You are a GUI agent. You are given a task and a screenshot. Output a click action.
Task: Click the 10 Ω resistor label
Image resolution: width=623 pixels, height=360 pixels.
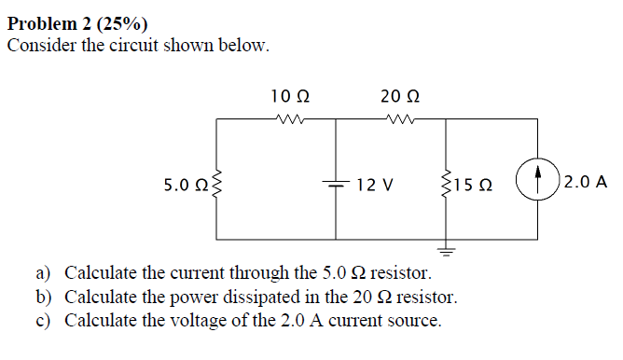[x=290, y=95]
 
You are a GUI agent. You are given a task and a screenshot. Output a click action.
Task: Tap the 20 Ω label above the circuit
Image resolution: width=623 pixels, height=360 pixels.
[x=400, y=95]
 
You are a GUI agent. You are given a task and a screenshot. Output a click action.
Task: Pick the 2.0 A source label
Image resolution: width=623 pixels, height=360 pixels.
[x=586, y=181]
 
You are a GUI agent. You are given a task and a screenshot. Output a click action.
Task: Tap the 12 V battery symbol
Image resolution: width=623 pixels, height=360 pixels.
[x=337, y=184]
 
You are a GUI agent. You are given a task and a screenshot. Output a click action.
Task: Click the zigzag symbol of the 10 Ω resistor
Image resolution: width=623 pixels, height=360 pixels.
[x=290, y=118]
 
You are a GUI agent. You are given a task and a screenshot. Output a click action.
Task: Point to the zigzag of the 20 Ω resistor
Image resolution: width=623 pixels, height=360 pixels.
[x=400, y=118]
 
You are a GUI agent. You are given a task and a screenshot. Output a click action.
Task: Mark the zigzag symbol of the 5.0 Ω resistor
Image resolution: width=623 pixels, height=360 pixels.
[x=218, y=185]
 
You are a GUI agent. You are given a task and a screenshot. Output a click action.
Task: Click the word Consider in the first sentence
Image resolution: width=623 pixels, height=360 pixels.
[x=39, y=45]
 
